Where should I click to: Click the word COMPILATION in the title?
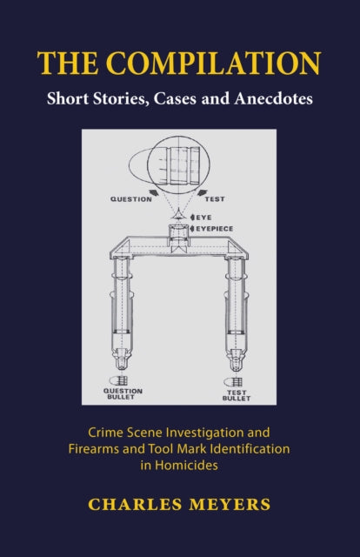(x=213, y=64)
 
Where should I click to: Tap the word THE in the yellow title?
(x=68, y=64)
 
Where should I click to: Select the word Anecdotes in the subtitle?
(x=273, y=98)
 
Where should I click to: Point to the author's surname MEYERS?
(x=230, y=505)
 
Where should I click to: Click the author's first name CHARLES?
(x=135, y=505)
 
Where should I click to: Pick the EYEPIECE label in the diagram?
(x=215, y=229)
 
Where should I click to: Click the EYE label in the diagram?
(x=203, y=217)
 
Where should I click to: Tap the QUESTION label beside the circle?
(x=131, y=199)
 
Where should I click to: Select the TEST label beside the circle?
(x=215, y=199)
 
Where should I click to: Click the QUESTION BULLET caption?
(x=123, y=393)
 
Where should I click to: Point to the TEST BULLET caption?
(x=237, y=395)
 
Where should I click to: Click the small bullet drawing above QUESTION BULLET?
(x=118, y=380)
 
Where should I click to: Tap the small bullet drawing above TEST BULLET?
(x=233, y=382)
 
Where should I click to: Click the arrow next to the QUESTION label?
(x=154, y=192)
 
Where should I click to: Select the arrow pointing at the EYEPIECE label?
(x=193, y=229)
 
